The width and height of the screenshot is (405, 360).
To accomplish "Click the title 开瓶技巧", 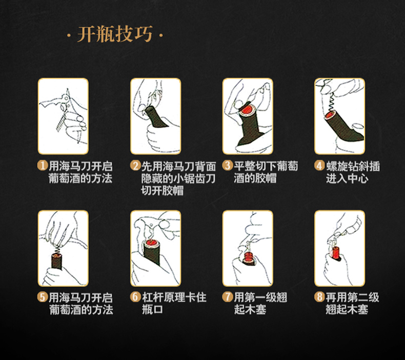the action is pos(115,34).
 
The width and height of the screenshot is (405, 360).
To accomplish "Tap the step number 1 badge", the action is pos(42,166).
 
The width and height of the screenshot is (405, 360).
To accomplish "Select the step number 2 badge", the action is pos(135,166).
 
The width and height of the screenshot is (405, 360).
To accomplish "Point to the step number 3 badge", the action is pos(227,166).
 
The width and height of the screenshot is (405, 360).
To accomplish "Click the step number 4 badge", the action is pos(319,166).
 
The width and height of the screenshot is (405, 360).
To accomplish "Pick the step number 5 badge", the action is pos(42,297).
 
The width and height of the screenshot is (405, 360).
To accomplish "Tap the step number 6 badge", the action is pos(135,297).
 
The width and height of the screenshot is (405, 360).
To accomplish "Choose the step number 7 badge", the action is pos(227,297).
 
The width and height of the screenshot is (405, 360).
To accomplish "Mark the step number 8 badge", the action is pos(319,297).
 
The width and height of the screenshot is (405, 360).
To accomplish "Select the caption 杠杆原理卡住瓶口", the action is pos(174,303).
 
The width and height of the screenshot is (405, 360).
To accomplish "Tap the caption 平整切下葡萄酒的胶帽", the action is pos(266,172).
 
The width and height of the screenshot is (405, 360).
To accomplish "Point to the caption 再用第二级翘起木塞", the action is pos(352,303).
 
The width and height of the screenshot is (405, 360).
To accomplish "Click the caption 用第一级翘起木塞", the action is pos(260,303).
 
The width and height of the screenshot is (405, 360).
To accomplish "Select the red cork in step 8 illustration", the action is pos(335,253).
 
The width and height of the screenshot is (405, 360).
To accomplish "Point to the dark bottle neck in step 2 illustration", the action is pos(157,118).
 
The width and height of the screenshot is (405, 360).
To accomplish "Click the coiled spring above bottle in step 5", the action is pos(58,249).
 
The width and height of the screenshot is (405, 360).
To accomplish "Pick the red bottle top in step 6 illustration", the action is pos(151,243).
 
